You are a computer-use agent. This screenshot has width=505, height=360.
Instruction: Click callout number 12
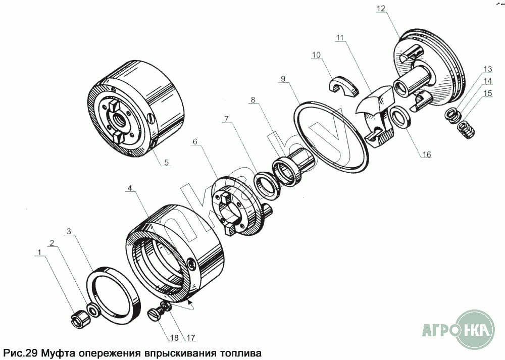[x=381, y=9]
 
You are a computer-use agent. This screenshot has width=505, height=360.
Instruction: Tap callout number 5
[x=166, y=162]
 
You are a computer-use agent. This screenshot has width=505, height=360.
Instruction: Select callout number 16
[x=426, y=155]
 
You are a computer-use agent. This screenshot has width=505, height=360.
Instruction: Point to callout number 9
[x=283, y=79]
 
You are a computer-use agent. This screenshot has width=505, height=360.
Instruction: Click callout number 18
[x=174, y=337]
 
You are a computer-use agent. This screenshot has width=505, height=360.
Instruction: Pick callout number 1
[x=39, y=252]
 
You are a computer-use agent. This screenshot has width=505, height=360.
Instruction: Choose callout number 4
[x=129, y=188]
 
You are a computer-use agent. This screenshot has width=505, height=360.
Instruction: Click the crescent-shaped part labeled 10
[x=343, y=85]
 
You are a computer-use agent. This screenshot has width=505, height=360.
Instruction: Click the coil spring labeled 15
[x=466, y=130]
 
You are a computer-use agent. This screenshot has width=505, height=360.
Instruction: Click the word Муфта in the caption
[x=60, y=352]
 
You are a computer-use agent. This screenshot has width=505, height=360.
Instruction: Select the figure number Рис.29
[x=21, y=352]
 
